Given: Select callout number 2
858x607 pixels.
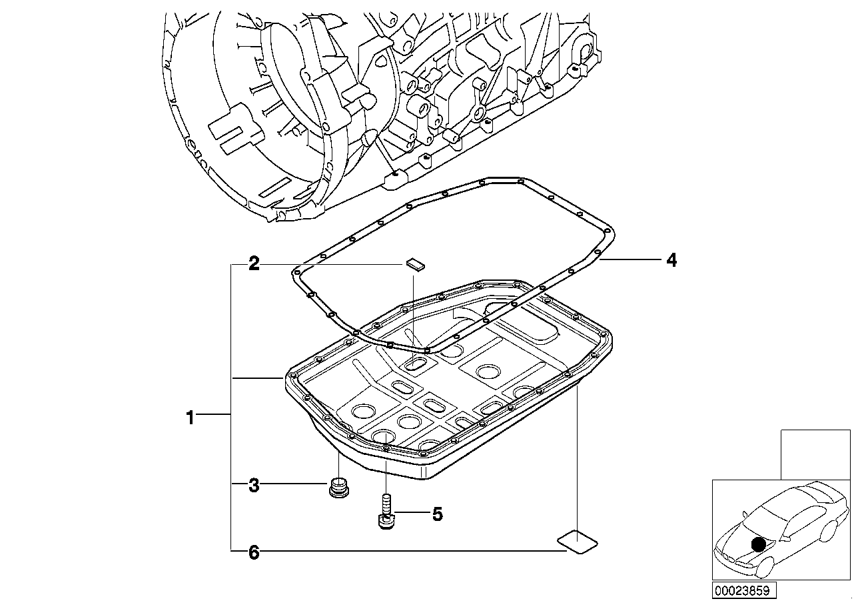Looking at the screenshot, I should click(x=254, y=263).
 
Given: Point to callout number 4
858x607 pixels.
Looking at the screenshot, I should click(x=671, y=260).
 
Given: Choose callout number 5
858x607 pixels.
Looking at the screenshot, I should click(x=437, y=514).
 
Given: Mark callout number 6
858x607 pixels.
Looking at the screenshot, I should click(x=254, y=552).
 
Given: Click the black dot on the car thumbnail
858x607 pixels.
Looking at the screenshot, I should click(x=758, y=544).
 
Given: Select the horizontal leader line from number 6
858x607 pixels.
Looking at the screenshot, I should click(x=400, y=551).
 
